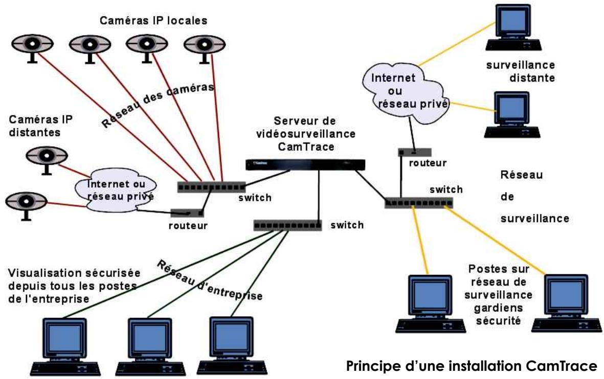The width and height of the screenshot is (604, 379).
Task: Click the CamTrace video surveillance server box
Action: pos(305,164)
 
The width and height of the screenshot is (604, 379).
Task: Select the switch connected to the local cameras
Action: pos(211,187)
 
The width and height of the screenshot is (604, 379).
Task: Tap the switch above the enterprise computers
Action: pos(287,225)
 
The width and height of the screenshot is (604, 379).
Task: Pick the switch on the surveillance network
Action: pos(418,203)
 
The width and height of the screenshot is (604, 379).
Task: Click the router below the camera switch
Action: pos(188,212)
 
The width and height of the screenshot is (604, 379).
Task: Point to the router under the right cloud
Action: pos(414,152)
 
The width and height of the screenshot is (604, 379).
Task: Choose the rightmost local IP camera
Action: pos(201,47)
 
